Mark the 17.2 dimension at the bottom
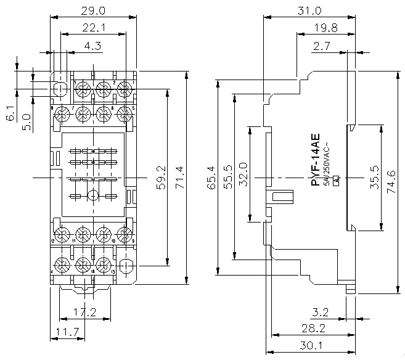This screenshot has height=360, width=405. tap(85, 313)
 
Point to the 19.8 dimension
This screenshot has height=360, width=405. tap(325, 28)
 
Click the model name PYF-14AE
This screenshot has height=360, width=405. tap(315, 158)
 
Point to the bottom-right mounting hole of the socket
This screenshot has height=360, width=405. tap(126, 266)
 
